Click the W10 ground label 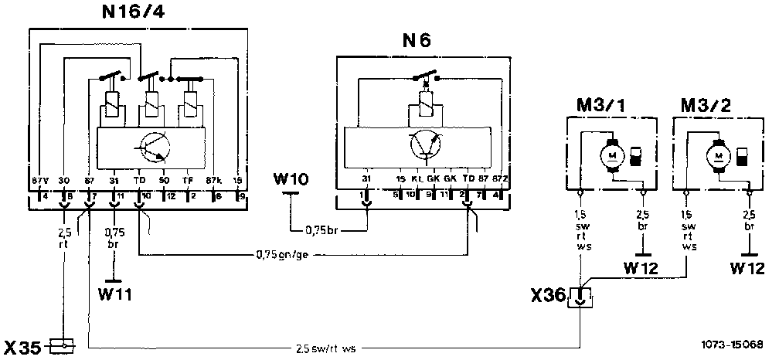pyautogui.click(x=291, y=181)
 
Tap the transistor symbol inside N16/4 pyautogui.click(x=150, y=146)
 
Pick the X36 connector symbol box pyautogui.click(x=580, y=296)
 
